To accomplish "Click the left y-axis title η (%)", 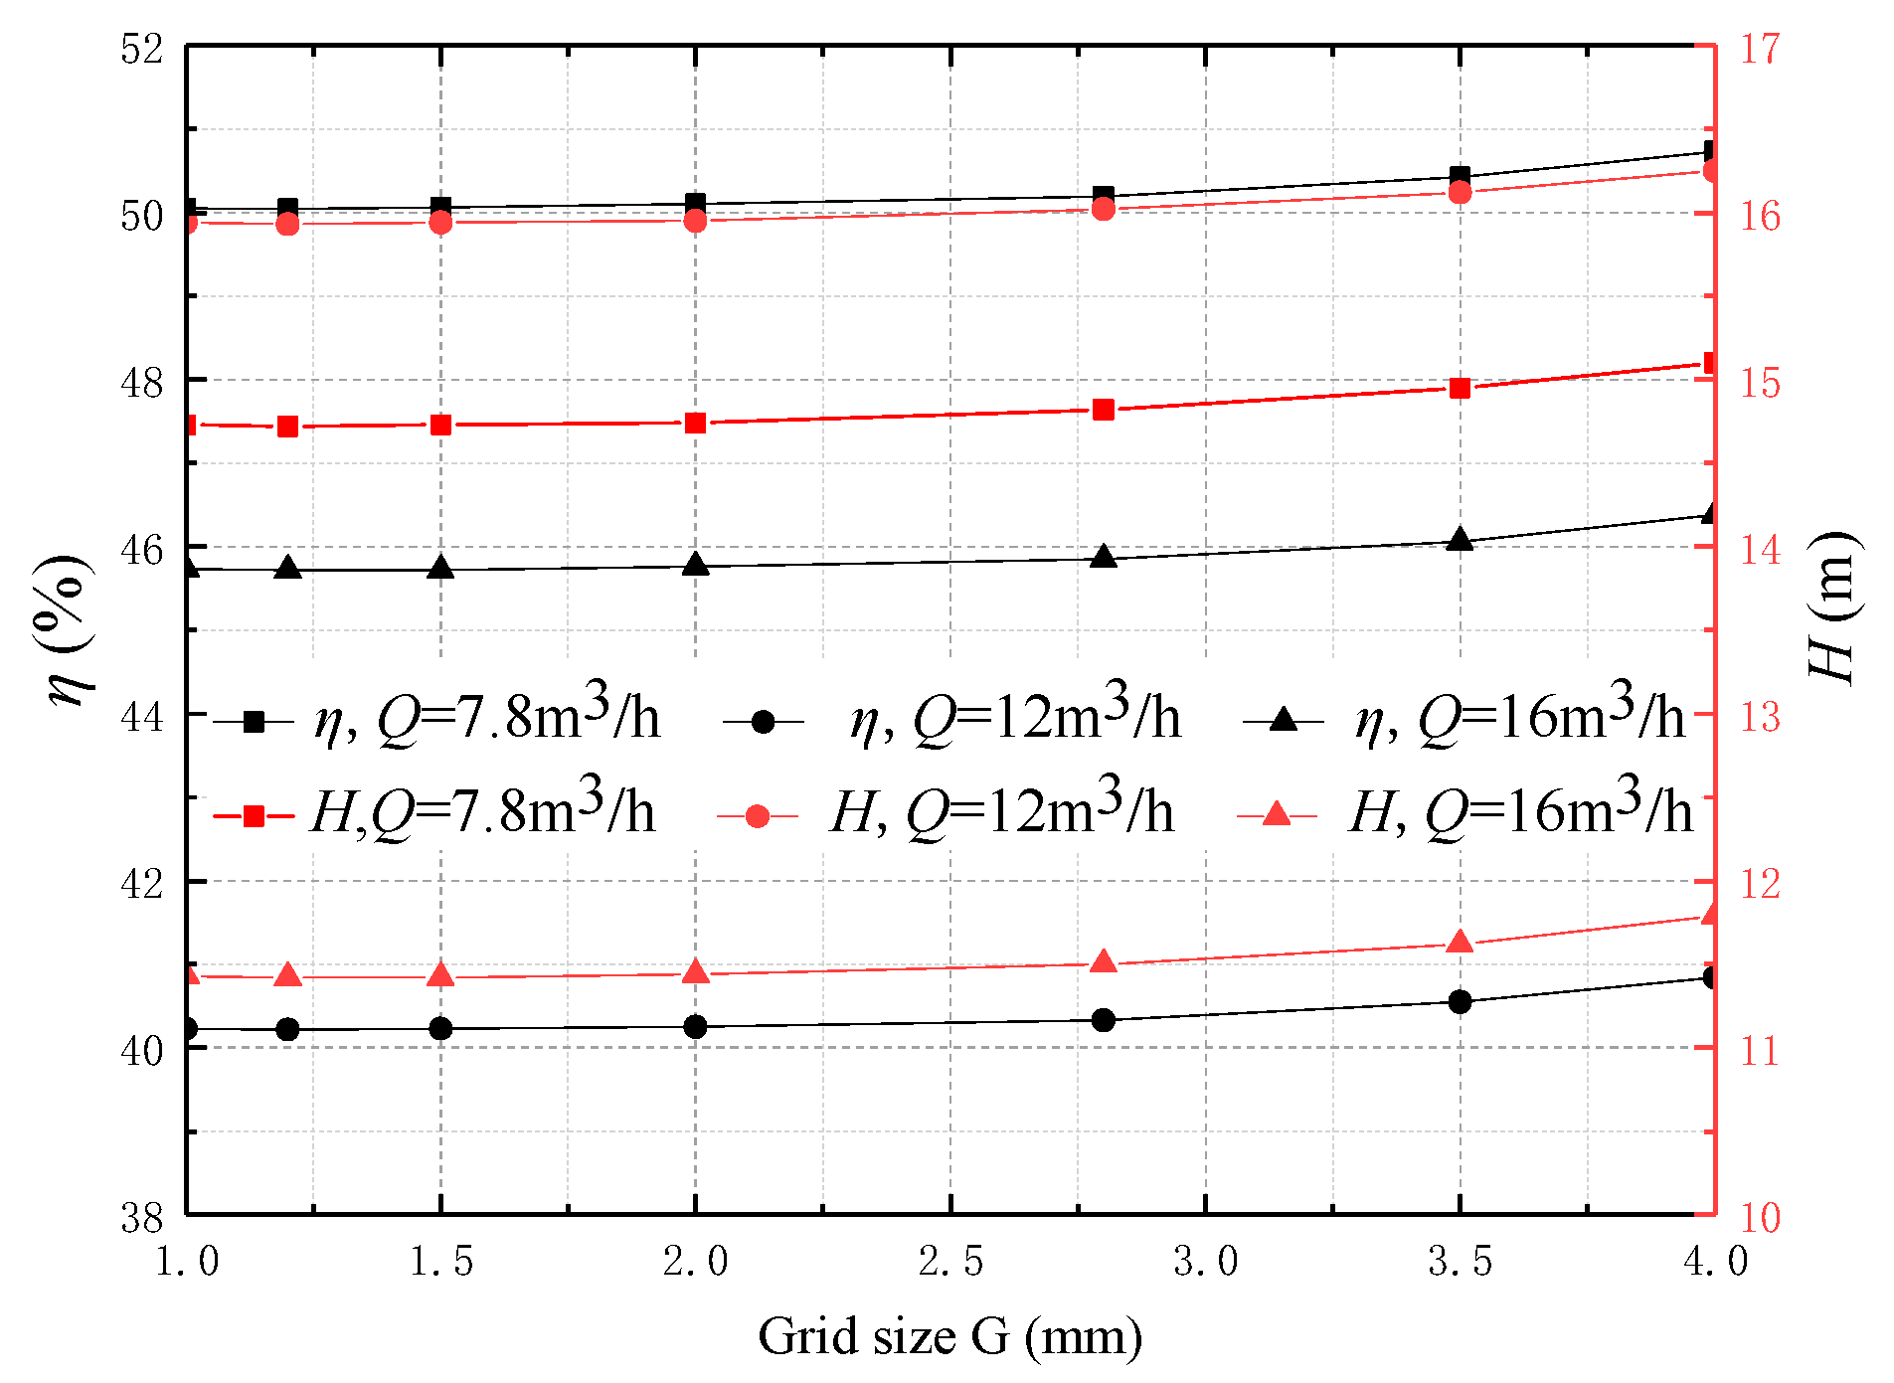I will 70,631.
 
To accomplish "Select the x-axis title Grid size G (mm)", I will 949,1337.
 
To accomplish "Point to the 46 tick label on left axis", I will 142,549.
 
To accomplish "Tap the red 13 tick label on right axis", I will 1760,717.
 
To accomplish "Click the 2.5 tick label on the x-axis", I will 950,1262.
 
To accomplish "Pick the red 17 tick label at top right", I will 1760,49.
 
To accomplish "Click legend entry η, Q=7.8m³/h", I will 437,718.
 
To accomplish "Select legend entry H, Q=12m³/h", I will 945,813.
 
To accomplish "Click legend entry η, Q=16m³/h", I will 1466,718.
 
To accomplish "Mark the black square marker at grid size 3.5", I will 1460,178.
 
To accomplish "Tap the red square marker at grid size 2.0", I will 696,424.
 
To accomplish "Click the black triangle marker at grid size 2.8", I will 1103,557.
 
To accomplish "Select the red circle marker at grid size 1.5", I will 440,223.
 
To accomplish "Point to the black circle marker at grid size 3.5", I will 1460,1001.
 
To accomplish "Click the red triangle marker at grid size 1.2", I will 288,975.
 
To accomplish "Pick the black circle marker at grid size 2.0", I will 696,1026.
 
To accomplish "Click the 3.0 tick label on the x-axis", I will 1205,1262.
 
